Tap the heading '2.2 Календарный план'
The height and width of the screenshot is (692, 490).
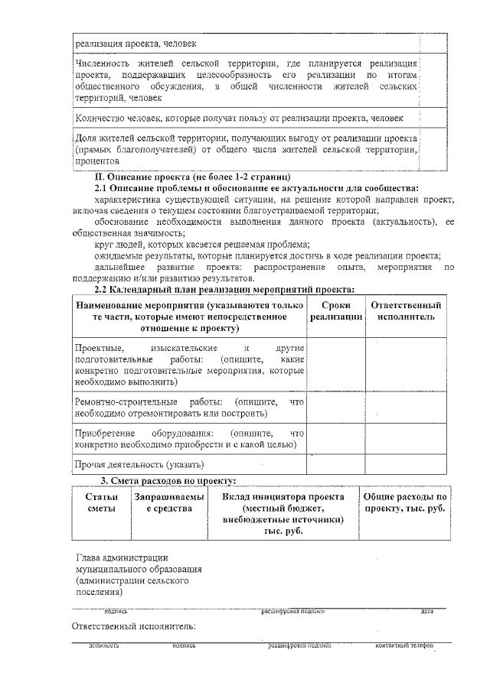point(224,289)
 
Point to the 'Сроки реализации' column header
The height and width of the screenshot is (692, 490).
point(335,311)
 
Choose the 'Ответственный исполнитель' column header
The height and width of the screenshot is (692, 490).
point(406,311)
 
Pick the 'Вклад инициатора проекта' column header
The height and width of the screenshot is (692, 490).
point(283,513)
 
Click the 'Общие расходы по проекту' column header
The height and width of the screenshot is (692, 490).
point(404,502)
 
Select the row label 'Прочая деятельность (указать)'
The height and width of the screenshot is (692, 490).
point(139,464)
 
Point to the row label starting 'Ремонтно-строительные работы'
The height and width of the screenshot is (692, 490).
point(188,408)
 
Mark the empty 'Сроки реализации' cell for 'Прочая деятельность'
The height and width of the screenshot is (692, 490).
point(335,464)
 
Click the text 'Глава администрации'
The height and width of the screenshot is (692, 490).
point(122,557)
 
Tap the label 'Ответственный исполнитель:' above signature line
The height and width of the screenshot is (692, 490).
point(133,626)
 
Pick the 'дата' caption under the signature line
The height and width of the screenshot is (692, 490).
point(426,611)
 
